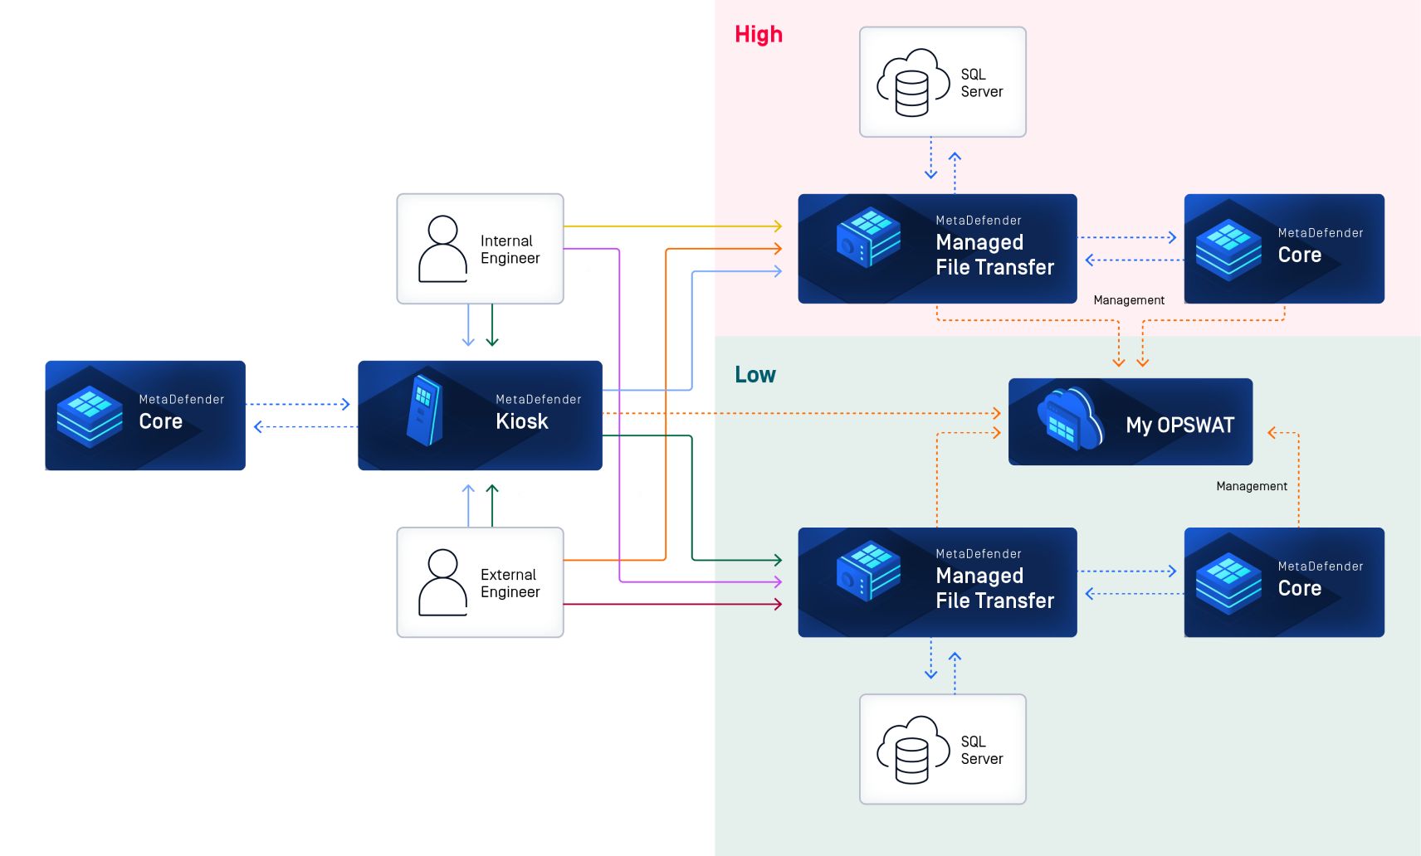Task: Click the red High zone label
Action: [758, 35]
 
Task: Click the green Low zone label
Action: [754, 375]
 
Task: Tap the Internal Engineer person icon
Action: [442, 249]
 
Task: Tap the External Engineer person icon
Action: [442, 582]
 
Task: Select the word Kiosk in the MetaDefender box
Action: [521, 421]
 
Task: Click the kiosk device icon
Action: [424, 410]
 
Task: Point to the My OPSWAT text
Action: [1179, 426]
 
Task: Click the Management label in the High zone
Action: [1128, 300]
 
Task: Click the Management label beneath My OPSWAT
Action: [1251, 486]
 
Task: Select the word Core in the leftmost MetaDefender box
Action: [160, 421]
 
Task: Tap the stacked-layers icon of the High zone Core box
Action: [1228, 249]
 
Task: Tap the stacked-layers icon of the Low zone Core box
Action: [1228, 582]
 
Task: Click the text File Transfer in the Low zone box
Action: [994, 601]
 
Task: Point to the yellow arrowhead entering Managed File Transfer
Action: [778, 226]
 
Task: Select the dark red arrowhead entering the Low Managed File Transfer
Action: [778, 604]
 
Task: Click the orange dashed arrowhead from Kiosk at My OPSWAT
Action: [997, 413]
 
